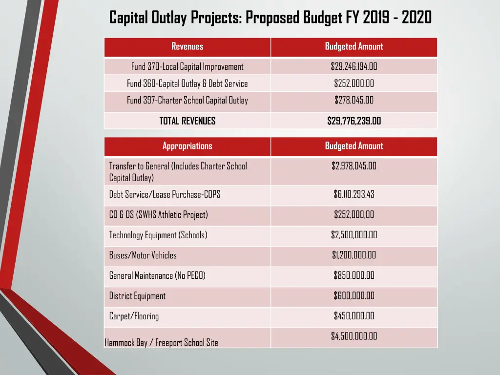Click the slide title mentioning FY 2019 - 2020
coord(270,18)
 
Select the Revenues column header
coord(187,47)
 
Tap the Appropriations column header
coord(187,146)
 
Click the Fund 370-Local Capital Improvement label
coord(187,67)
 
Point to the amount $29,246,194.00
coord(354,67)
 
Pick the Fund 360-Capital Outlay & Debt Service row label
coord(187,83)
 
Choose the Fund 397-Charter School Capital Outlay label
coord(187,101)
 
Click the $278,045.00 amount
coord(354,101)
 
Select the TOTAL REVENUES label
coord(187,121)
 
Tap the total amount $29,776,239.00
coord(354,121)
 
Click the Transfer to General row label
coord(178,171)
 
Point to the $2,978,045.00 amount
coord(354,166)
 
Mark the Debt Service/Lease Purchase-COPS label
coord(165,194)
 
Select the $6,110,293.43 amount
coord(354,194)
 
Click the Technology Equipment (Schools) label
coord(158,235)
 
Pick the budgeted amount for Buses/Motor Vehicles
coord(354,255)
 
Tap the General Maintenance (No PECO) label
coord(157,276)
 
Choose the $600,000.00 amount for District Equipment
coord(354,296)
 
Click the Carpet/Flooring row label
coord(134,316)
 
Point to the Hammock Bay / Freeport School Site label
coord(161,343)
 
